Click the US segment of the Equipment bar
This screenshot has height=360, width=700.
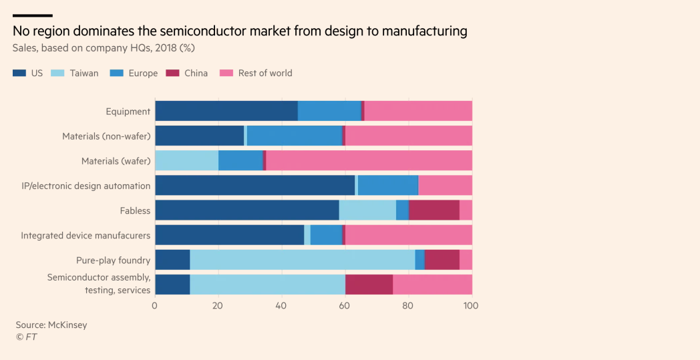[x=226, y=112]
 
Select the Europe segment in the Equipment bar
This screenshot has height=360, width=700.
[x=329, y=112]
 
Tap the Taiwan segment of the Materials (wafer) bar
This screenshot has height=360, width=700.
[x=186, y=161]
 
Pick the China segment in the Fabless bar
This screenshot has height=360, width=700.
[x=433, y=210]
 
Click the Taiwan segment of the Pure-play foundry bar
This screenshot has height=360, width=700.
[x=302, y=260]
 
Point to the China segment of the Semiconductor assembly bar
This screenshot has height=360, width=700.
[x=369, y=285]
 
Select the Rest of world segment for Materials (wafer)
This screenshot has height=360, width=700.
[x=369, y=161]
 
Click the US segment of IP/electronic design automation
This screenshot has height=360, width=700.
[x=254, y=186]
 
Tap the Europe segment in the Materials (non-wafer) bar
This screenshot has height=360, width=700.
[x=294, y=136]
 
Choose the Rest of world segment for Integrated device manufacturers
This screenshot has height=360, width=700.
[x=408, y=235]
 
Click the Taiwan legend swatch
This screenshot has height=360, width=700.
[x=58, y=73]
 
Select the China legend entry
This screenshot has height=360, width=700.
[x=196, y=73]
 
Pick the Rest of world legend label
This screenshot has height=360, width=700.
[x=265, y=73]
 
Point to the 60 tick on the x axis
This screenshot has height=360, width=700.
[x=345, y=305]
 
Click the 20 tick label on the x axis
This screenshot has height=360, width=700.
[x=218, y=305]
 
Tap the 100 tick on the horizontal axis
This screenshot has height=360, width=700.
[x=471, y=305]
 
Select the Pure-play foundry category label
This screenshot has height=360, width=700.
[x=113, y=260]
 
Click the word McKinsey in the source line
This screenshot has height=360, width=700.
[x=67, y=325]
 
